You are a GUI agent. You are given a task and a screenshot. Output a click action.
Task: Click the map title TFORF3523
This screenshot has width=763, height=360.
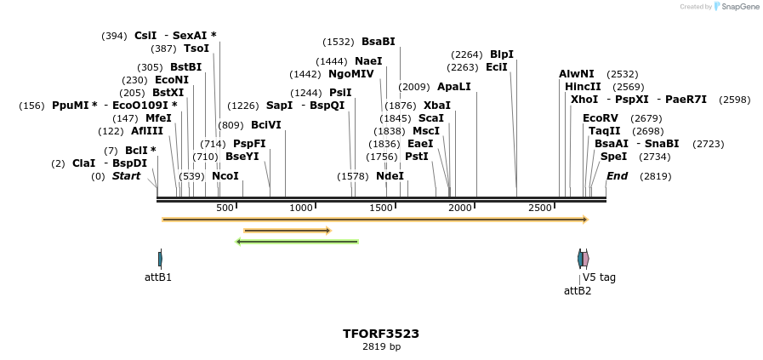click(381, 334)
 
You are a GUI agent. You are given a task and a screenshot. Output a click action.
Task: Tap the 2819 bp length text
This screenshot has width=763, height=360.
click(381, 346)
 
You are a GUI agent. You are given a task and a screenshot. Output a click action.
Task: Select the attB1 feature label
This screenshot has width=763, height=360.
click(158, 277)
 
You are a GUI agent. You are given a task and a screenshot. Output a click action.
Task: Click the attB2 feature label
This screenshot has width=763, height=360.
click(578, 290)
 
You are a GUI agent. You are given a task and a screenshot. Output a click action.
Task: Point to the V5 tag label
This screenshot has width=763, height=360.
click(599, 277)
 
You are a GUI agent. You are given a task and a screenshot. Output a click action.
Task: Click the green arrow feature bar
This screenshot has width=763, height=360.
click(297, 242)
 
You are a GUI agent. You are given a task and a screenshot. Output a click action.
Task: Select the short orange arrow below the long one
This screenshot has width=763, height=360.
click(287, 230)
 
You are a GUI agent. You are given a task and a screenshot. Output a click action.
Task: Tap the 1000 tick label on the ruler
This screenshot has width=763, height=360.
click(301, 209)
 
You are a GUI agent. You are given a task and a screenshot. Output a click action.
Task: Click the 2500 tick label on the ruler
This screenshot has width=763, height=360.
click(540, 209)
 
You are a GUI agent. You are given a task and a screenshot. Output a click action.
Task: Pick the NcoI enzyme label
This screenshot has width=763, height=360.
click(225, 176)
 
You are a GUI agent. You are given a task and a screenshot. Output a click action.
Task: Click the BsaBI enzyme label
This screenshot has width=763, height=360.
click(379, 42)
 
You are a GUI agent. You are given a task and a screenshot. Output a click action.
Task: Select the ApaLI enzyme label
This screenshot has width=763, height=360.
click(453, 87)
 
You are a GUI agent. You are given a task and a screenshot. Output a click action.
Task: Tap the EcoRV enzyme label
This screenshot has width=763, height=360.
click(600, 117)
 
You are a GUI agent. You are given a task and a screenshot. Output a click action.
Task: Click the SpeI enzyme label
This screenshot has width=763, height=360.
click(613, 157)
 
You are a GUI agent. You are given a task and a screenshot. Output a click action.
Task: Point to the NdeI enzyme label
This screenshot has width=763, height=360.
click(390, 176)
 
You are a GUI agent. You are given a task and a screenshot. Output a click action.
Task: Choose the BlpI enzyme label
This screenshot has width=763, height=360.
click(502, 54)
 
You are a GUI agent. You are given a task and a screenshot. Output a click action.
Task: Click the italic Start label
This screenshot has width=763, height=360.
click(126, 176)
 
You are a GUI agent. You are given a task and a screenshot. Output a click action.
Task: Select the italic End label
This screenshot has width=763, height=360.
click(618, 176)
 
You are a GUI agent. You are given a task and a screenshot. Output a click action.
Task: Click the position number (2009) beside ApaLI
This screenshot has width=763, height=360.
click(414, 87)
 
